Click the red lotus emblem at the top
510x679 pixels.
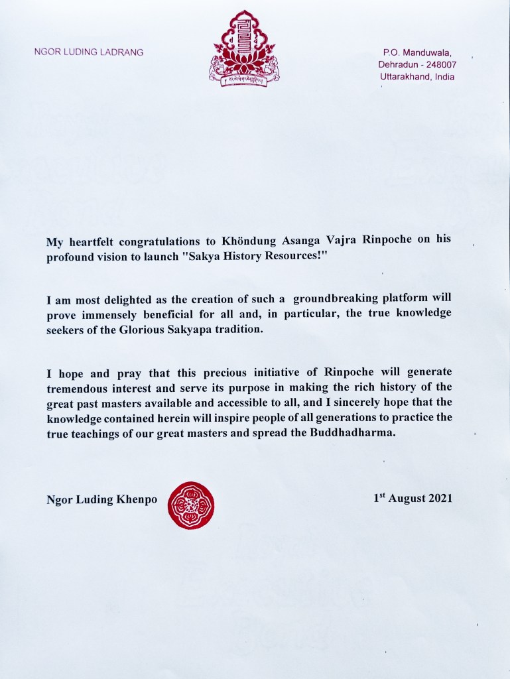240,48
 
